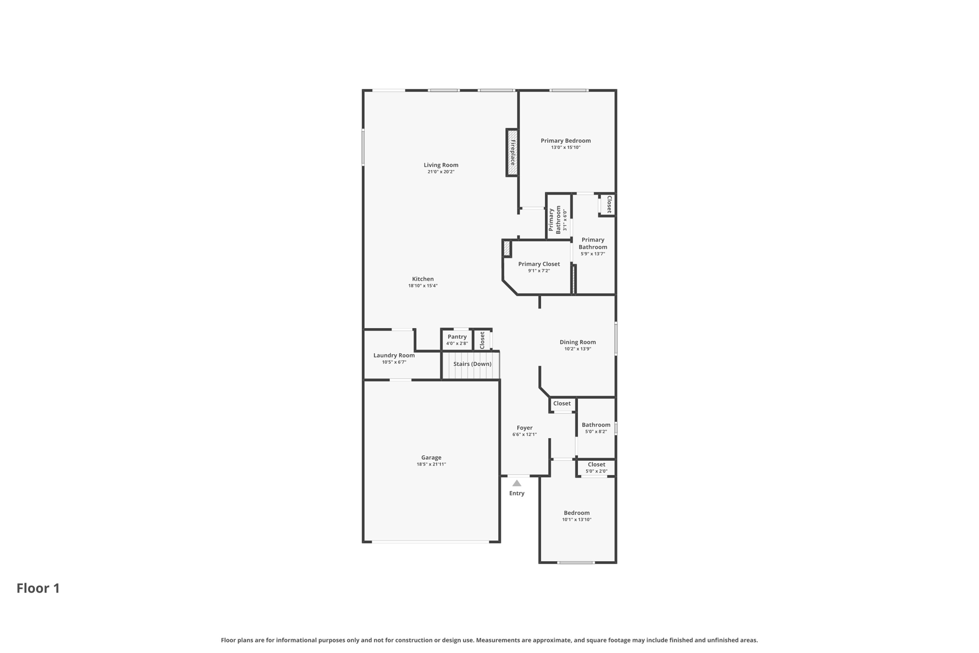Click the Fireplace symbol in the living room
(512, 152)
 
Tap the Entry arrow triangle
(517, 483)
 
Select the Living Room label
(441, 165)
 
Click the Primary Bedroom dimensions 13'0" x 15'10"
(566, 147)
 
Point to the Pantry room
(457, 340)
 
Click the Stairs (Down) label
(472, 364)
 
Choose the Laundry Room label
(394, 355)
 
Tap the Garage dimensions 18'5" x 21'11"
(431, 464)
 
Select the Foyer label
(524, 428)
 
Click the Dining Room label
(577, 342)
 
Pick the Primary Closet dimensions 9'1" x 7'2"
(539, 271)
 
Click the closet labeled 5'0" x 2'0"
(596, 467)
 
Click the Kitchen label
(423, 279)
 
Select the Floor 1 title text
(38, 588)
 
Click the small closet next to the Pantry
(482, 340)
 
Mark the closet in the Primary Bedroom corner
(609, 204)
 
